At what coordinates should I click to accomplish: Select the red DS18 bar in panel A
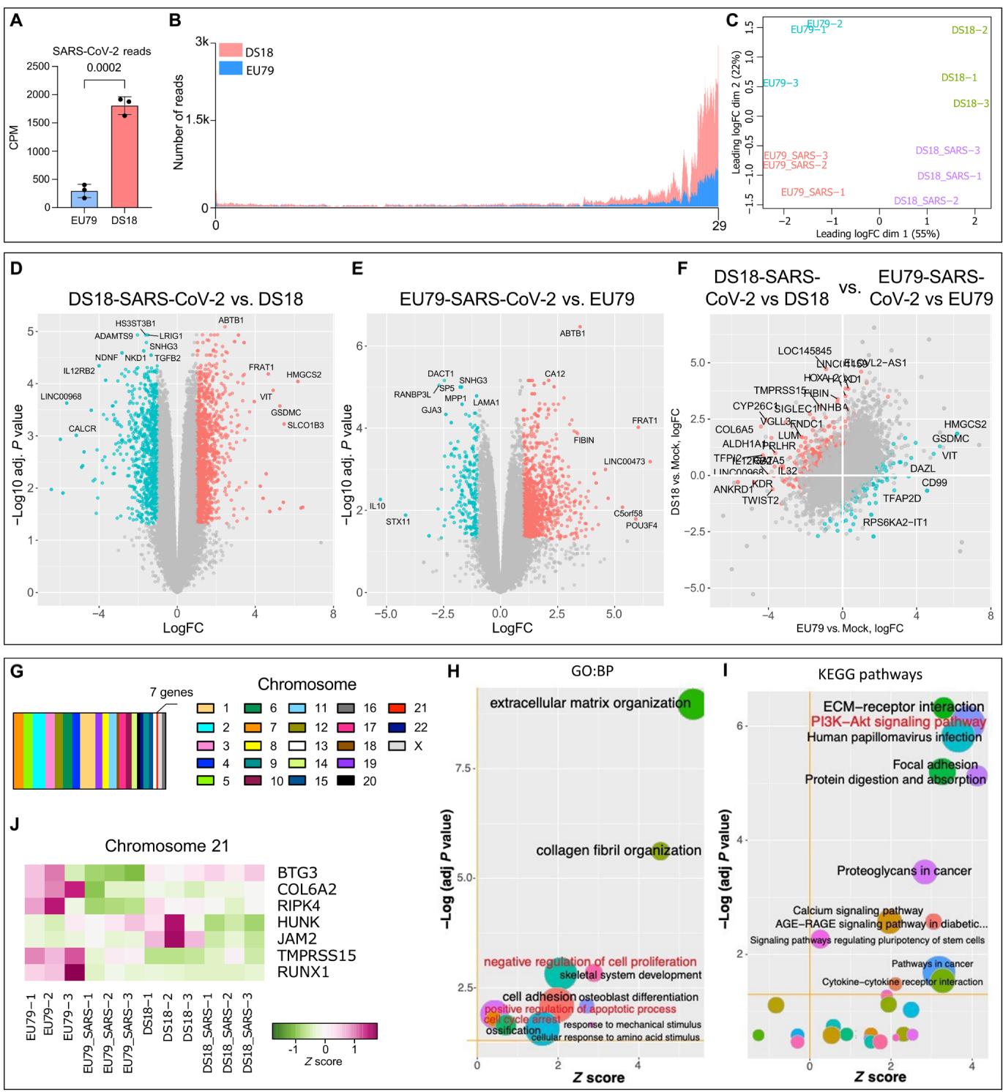click(x=125, y=157)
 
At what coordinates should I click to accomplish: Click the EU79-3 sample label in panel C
click(x=780, y=83)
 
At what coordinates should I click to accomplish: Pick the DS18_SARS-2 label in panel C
click(x=925, y=201)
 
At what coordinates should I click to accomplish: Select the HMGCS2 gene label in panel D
click(x=304, y=375)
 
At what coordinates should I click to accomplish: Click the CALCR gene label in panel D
click(x=83, y=429)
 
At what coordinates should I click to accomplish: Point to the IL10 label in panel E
click(x=377, y=506)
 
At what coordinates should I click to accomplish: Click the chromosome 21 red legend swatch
click(x=398, y=708)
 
